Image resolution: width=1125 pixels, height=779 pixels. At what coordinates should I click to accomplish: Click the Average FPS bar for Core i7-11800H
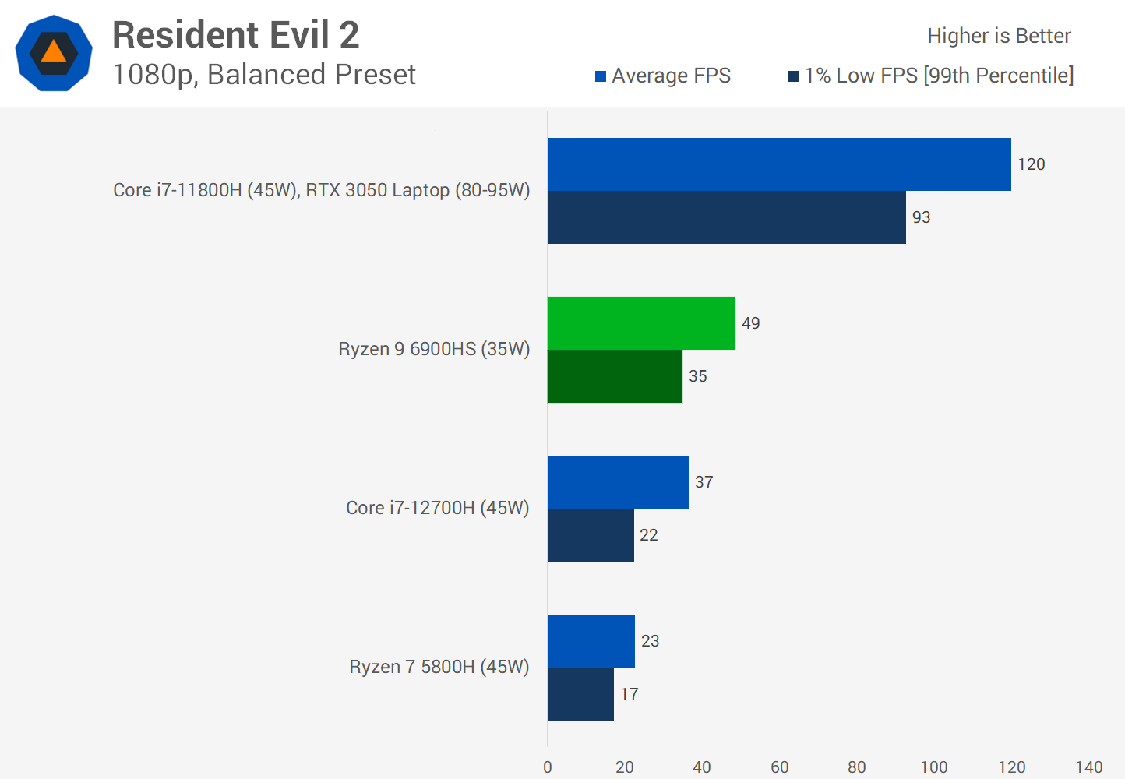[779, 164]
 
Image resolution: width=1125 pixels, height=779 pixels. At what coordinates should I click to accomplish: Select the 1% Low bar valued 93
[726, 217]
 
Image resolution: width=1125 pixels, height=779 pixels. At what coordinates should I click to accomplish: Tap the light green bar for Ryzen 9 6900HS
[641, 323]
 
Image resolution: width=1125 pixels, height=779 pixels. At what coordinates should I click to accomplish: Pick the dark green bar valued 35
[615, 376]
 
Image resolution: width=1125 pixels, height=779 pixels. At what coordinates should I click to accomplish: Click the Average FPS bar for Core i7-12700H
[618, 482]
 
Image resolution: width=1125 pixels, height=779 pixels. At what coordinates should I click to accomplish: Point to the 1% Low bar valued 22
[591, 535]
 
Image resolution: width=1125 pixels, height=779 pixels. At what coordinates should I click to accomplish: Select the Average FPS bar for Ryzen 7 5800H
[591, 641]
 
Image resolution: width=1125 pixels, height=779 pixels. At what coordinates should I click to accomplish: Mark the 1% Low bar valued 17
[580, 694]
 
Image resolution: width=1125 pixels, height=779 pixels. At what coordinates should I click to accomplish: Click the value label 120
[1031, 164]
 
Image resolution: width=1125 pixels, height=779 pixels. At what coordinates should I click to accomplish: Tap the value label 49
[750, 323]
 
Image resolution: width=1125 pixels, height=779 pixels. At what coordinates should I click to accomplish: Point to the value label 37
[704, 482]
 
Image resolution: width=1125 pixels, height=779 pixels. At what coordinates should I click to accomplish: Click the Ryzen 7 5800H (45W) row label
[439, 667]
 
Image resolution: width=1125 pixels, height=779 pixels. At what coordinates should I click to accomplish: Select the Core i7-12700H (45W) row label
[437, 508]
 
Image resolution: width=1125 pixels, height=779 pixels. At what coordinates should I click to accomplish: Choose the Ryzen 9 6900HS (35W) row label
[434, 349]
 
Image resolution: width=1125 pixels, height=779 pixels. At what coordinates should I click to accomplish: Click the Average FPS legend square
[601, 76]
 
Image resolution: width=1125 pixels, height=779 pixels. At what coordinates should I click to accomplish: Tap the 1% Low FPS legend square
[793, 76]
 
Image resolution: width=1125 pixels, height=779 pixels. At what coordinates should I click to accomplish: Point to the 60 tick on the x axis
[779, 767]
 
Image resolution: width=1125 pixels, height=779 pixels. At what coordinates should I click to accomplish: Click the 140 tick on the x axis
[1088, 767]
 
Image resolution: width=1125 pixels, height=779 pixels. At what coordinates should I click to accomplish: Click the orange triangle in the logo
[54, 52]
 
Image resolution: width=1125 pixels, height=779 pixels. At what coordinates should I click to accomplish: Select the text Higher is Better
[999, 36]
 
